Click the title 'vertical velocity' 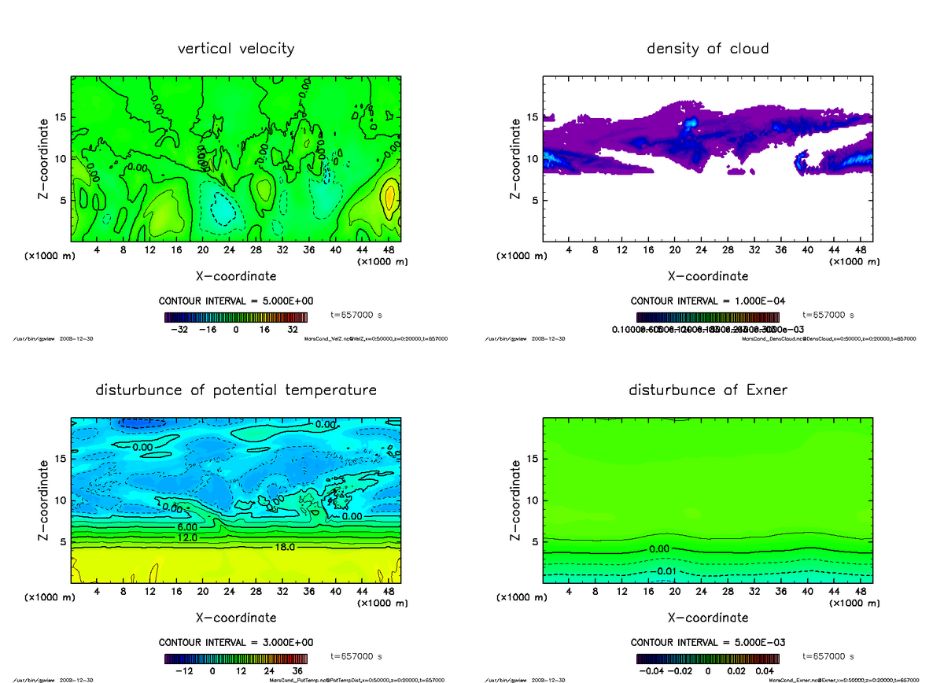(x=236, y=49)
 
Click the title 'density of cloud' (x=707, y=49)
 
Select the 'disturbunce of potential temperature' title (x=236, y=390)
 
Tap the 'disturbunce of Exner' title (x=707, y=390)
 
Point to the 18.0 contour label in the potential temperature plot (x=286, y=546)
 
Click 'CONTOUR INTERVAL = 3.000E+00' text (x=236, y=642)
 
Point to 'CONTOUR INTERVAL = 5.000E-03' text (x=707, y=642)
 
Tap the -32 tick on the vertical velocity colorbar (x=180, y=330)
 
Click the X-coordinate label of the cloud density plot (x=707, y=276)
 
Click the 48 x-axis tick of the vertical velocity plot (x=389, y=249)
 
